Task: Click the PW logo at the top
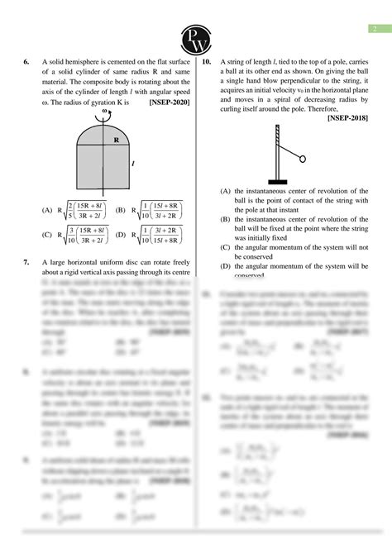[x=195, y=36]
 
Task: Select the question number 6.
[x=26, y=61]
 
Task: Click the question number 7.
[x=26, y=262]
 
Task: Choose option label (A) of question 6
[x=46, y=210]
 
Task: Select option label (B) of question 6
[x=121, y=210]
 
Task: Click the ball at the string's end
[x=301, y=159]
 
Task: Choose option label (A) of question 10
[x=226, y=189]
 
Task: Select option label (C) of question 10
[x=226, y=246]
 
